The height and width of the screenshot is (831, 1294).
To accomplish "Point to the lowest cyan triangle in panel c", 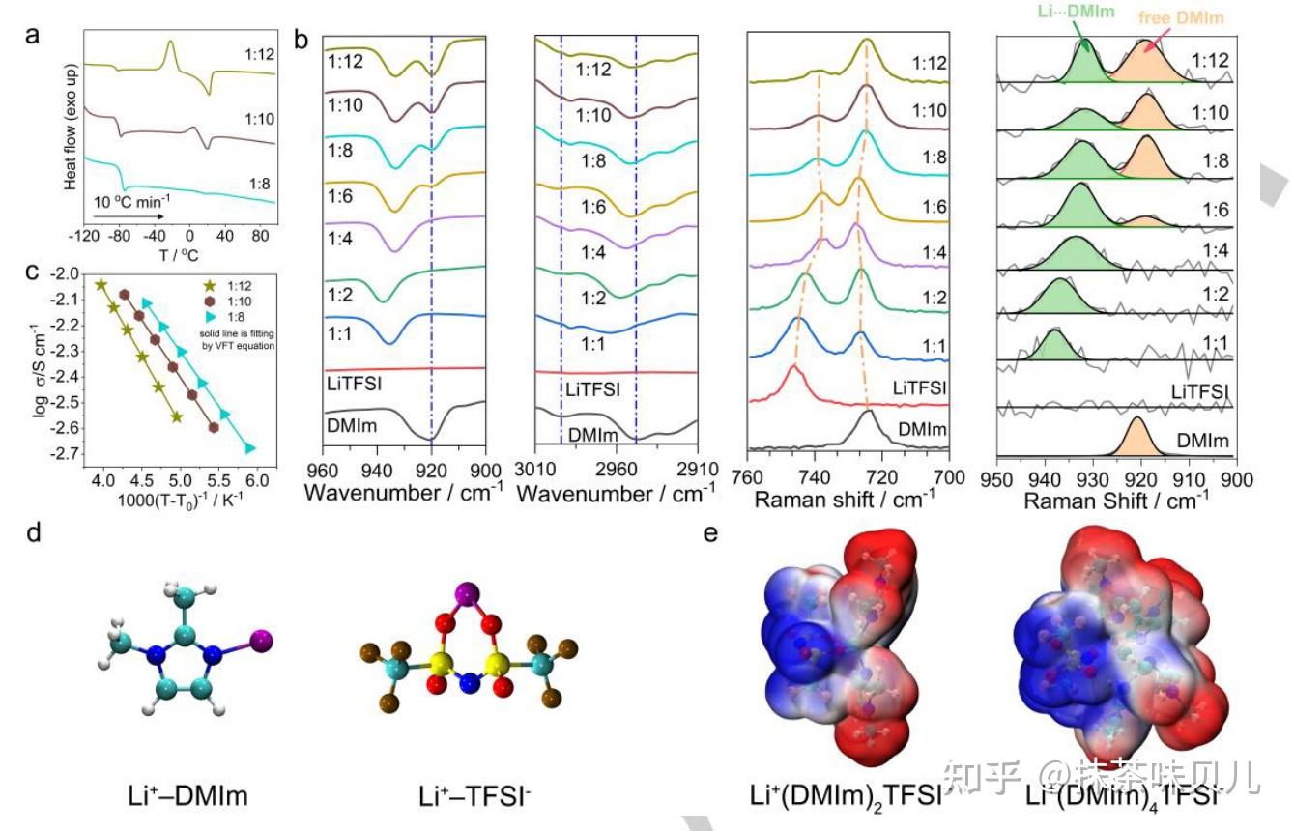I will (250, 448).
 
